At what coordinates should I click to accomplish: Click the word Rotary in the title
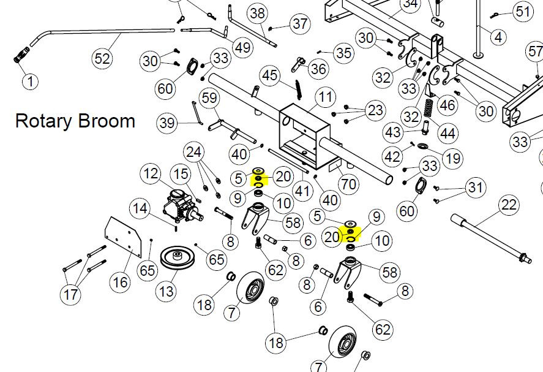(43, 121)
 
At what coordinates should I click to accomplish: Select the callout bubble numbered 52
(102, 58)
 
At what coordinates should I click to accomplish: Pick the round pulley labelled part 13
(178, 257)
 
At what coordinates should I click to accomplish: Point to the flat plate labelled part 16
(123, 237)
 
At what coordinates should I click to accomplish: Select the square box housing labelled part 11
(304, 137)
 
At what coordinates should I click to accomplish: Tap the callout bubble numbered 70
(348, 184)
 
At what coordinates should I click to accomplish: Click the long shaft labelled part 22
(492, 238)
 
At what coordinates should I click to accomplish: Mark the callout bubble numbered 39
(167, 123)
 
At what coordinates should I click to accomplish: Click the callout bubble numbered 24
(193, 152)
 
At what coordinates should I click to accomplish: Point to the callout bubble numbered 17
(70, 294)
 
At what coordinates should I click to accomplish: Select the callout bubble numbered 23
(375, 110)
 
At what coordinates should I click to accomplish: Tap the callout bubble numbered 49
(242, 47)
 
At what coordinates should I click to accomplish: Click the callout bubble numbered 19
(452, 159)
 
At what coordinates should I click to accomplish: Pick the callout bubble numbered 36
(318, 68)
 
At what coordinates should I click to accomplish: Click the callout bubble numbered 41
(302, 191)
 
